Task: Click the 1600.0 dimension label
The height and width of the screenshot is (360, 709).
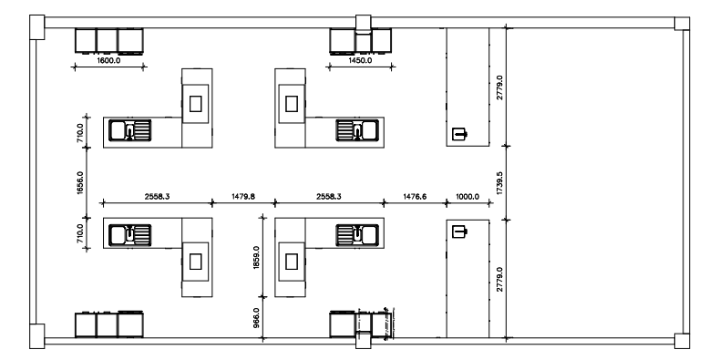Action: click(x=108, y=60)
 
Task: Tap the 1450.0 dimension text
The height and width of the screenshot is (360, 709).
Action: click(x=360, y=60)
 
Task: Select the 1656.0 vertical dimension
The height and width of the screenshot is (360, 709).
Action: click(x=80, y=182)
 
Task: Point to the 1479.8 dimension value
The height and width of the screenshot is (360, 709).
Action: click(x=243, y=196)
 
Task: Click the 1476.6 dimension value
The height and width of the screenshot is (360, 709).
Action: click(x=415, y=196)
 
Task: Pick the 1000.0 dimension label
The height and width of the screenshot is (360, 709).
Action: click(x=468, y=196)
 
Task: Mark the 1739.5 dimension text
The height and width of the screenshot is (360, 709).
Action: click(x=499, y=182)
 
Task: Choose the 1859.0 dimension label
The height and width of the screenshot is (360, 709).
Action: click(x=257, y=258)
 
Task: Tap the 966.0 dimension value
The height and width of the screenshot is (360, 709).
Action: click(x=257, y=317)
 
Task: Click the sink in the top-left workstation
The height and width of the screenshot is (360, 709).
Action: click(x=130, y=130)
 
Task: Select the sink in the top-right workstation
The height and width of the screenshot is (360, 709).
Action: click(x=357, y=130)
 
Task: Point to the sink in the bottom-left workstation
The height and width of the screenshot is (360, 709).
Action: click(x=130, y=235)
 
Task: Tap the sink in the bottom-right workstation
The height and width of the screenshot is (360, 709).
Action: click(x=357, y=235)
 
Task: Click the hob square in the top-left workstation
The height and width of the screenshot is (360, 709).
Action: click(x=195, y=104)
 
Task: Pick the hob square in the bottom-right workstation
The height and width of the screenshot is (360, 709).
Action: click(x=292, y=262)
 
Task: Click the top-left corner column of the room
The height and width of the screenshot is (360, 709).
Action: click(x=37, y=27)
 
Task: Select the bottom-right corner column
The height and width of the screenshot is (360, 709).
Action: click(x=682, y=341)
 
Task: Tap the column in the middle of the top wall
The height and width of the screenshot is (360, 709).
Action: click(x=363, y=22)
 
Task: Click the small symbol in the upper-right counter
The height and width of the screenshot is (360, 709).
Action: click(x=460, y=134)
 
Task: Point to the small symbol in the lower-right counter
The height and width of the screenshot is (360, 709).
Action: click(x=460, y=231)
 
